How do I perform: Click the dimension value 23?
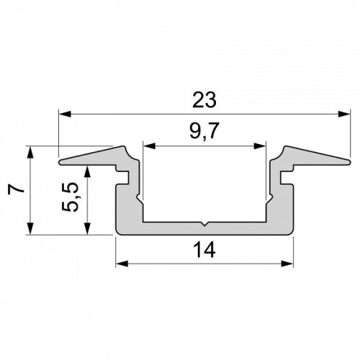coord(204,99)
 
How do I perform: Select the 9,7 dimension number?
coord(204,131)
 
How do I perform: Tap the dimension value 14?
coord(204,250)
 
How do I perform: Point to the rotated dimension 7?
coord(17,189)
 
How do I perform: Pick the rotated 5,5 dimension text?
coord(70,197)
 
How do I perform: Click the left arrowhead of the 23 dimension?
coord(65,114)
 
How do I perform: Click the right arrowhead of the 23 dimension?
coord(343,114)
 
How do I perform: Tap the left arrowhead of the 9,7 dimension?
coord(149,146)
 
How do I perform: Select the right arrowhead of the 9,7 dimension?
coord(260,146)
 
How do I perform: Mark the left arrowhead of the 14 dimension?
coord(122,264)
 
